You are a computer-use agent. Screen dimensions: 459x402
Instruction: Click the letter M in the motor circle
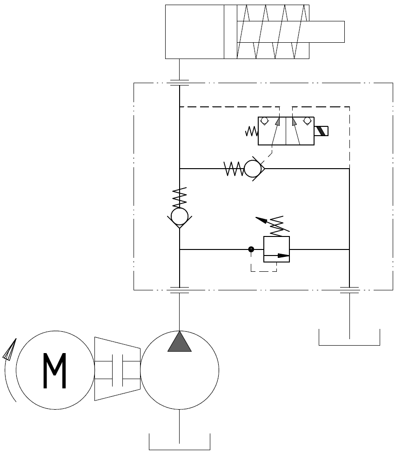(x=55, y=371)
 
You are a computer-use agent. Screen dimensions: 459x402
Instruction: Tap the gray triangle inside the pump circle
(x=180, y=342)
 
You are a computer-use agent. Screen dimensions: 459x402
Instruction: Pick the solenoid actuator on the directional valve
(x=322, y=131)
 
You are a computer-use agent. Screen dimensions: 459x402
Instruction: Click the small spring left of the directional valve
(x=251, y=131)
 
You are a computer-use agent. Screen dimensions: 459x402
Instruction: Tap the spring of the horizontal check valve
(x=234, y=169)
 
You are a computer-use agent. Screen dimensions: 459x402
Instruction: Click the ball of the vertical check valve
(x=180, y=216)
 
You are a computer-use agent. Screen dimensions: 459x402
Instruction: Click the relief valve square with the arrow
(x=276, y=249)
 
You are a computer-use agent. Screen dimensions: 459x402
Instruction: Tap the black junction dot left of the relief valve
(x=251, y=249)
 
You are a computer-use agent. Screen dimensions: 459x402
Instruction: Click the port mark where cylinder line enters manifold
(x=180, y=83)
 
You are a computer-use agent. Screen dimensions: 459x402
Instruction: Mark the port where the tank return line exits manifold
(x=349, y=290)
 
